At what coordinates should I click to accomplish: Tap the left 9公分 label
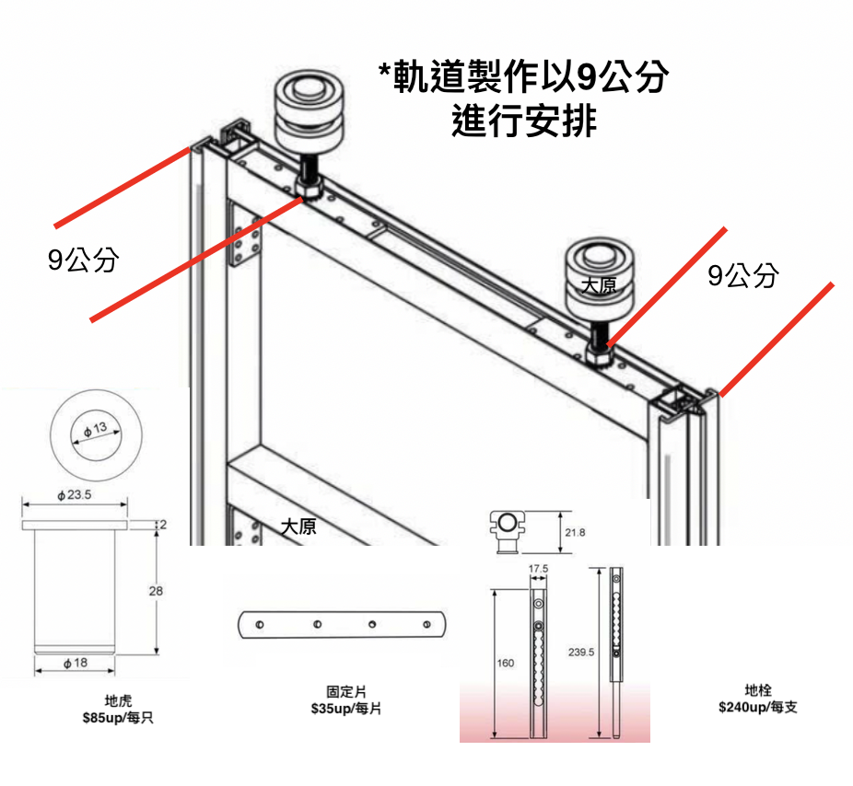pos(84,260)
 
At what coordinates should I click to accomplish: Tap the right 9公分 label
pos(743,274)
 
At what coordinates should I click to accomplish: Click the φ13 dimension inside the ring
pos(95,431)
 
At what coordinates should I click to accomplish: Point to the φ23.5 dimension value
pos(75,495)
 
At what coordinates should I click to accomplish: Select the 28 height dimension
pos(156,591)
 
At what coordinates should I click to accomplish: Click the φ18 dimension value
pos(76,663)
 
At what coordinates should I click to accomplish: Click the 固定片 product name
pos(342,690)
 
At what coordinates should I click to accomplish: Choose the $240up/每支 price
pos(758,707)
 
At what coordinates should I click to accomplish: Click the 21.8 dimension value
pos(575,532)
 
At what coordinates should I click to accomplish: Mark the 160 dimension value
pos(507,663)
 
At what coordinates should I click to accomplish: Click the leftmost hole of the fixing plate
pos(261,625)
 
